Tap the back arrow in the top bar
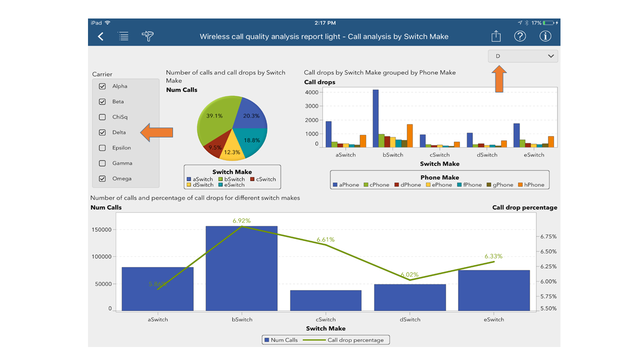101,36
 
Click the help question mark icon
520,36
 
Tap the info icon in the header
545,36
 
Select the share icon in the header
495,36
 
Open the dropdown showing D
523,56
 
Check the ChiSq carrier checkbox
102,117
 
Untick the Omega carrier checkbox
102,178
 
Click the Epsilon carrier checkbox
102,148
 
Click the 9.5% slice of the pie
215,146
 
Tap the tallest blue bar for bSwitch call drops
375,118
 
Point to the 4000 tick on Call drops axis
311,92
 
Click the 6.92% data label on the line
241,220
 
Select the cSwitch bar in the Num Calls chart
325,300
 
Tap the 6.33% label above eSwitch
493,256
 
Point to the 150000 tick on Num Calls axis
101,229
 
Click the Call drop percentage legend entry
350,340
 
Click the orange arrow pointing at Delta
156,132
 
